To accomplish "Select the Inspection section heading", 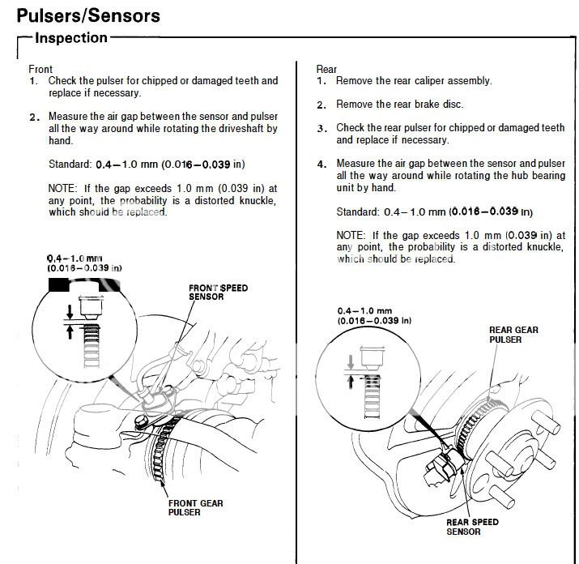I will pos(71,38).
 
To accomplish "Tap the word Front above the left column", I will pos(40,70).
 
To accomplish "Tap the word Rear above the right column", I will pos(326,70).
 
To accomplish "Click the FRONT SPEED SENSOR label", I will pos(218,292).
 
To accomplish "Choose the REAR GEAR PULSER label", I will pos(513,335).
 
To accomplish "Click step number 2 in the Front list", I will pos(33,117).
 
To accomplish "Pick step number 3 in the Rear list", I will pos(321,128).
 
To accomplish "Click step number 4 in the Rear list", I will pos(321,164).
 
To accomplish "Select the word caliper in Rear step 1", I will pos(426,81).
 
